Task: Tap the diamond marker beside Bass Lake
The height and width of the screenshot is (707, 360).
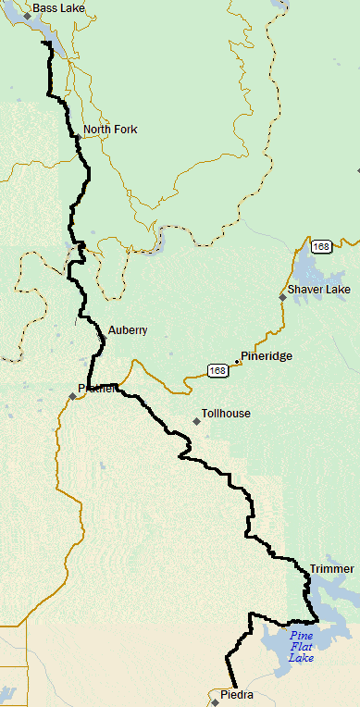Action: point(28,16)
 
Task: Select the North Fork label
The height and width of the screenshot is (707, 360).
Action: point(110,130)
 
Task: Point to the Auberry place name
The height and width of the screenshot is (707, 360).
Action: point(128,330)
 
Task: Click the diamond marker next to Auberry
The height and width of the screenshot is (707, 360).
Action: point(103,339)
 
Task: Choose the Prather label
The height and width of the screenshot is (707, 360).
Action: point(98,389)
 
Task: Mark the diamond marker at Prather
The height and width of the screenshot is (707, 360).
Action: point(72,397)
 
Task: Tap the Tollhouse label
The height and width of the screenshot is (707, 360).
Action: point(227,414)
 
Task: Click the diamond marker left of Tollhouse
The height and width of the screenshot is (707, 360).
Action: point(196,421)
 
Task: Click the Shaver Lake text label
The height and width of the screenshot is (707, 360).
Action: point(319,290)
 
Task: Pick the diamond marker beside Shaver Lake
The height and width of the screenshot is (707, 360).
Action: point(282,297)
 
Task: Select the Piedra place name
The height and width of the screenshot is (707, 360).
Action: point(236,693)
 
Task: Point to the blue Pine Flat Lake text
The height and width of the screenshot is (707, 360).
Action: point(302,647)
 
